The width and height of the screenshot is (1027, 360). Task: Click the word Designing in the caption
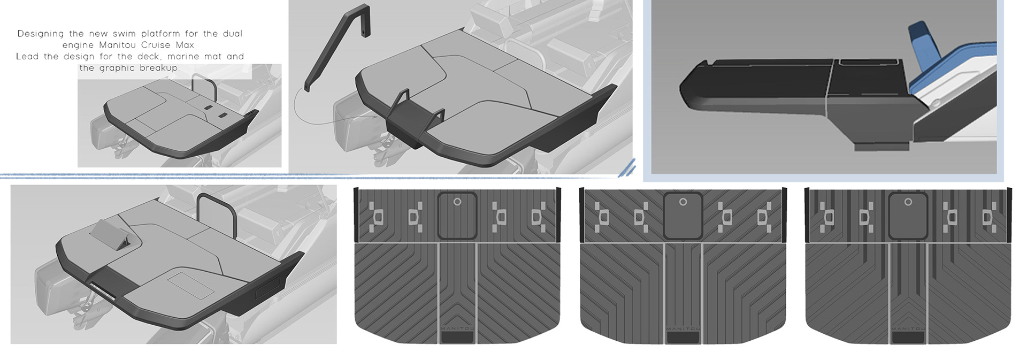pyautogui.click(x=41, y=34)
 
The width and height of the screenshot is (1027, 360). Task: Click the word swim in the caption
pyautogui.click(x=125, y=33)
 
